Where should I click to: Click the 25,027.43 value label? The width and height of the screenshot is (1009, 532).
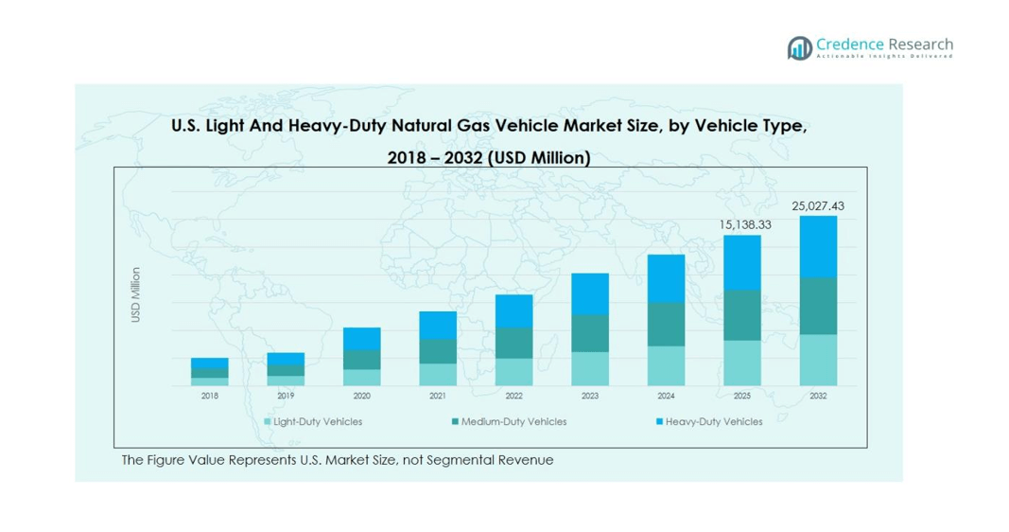pyautogui.click(x=818, y=204)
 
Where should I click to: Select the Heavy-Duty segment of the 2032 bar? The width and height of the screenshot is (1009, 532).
pyautogui.click(x=818, y=246)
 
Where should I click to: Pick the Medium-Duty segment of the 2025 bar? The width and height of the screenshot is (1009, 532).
pyautogui.click(x=742, y=315)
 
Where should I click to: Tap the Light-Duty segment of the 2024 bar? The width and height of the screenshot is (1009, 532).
pyautogui.click(x=666, y=365)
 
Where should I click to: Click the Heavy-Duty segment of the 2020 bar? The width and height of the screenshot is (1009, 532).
pyautogui.click(x=361, y=339)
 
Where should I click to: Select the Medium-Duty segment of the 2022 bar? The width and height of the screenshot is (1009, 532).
pyautogui.click(x=513, y=343)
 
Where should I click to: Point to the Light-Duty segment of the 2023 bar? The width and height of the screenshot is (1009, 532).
pyautogui.click(x=590, y=368)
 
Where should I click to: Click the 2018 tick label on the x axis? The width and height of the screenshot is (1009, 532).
pyautogui.click(x=209, y=396)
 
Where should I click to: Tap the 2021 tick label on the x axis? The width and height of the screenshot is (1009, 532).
pyautogui.click(x=438, y=396)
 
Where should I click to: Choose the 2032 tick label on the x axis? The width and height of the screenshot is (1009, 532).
pyautogui.click(x=818, y=396)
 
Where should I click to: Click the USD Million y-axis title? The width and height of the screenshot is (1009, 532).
pyautogui.click(x=135, y=294)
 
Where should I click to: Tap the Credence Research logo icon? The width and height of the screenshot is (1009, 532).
pyautogui.click(x=799, y=47)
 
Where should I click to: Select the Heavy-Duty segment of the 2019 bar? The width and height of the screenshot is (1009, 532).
pyautogui.click(x=286, y=359)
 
